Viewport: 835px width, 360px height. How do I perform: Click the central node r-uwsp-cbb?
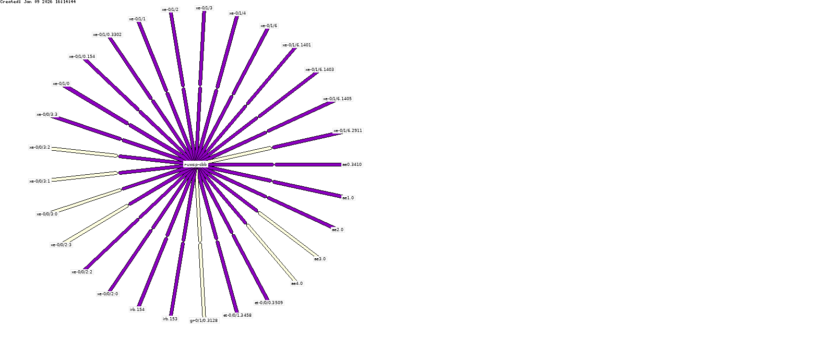pos(196,164)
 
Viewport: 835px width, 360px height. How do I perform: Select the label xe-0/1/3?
pos(204,8)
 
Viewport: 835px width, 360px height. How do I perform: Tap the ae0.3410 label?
pos(352,164)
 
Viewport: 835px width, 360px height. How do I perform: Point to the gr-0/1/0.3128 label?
pos(204,320)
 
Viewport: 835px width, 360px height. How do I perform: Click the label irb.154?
pos(137,309)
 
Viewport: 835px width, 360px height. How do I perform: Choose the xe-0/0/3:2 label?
pos(40,147)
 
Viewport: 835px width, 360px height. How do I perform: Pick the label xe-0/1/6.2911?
pos(348,130)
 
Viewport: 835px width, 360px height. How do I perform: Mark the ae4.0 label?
pos(296,283)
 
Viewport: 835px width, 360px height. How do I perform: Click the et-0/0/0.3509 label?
pos(269,303)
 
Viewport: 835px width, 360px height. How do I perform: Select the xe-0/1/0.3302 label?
pos(108,34)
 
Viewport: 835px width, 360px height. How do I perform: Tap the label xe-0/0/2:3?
pos(61,245)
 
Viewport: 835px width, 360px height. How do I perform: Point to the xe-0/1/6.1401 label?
pos(296,45)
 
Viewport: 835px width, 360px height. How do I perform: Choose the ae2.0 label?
pos(338,230)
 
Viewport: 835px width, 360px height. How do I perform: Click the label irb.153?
pos(170,319)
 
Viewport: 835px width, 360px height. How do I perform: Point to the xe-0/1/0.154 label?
pos(82,56)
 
